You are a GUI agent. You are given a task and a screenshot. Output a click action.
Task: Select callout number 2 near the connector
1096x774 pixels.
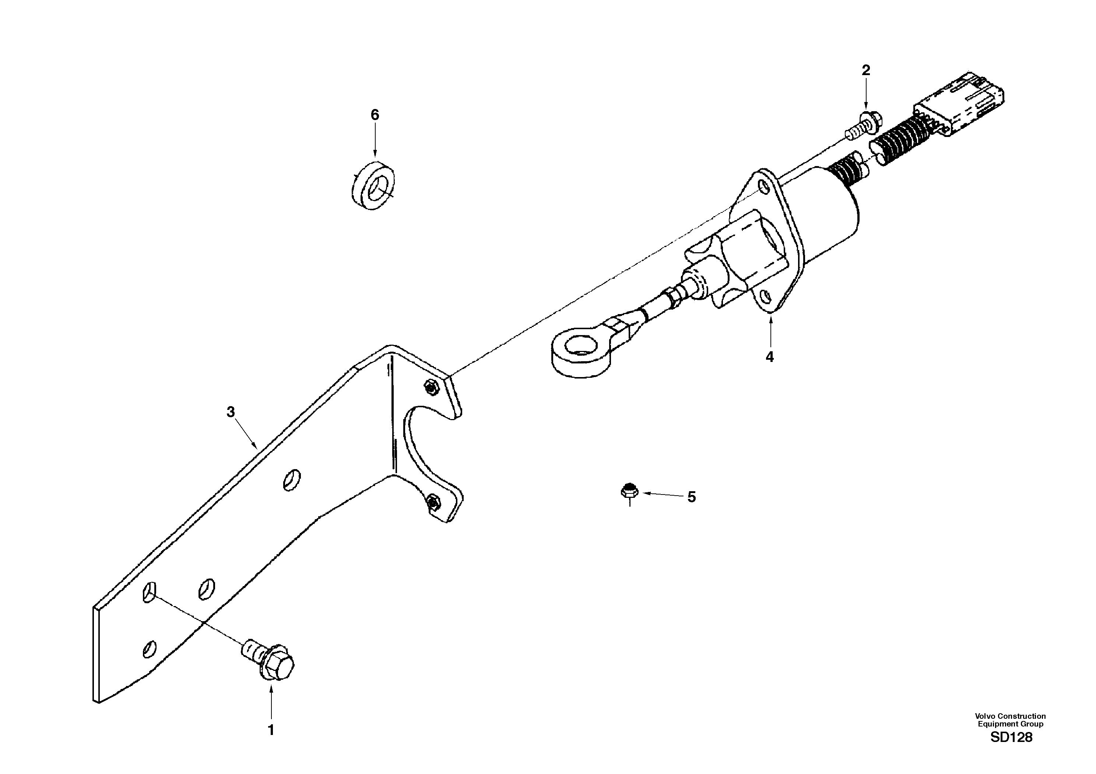(x=865, y=71)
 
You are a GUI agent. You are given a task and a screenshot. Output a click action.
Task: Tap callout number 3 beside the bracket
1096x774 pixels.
(x=231, y=412)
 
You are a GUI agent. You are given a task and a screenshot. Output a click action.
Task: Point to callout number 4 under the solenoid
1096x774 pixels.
(x=769, y=356)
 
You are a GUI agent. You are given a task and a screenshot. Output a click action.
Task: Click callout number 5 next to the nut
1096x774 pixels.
(x=691, y=497)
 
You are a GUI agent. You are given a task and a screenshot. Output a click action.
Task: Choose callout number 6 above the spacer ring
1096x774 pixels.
(x=375, y=115)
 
